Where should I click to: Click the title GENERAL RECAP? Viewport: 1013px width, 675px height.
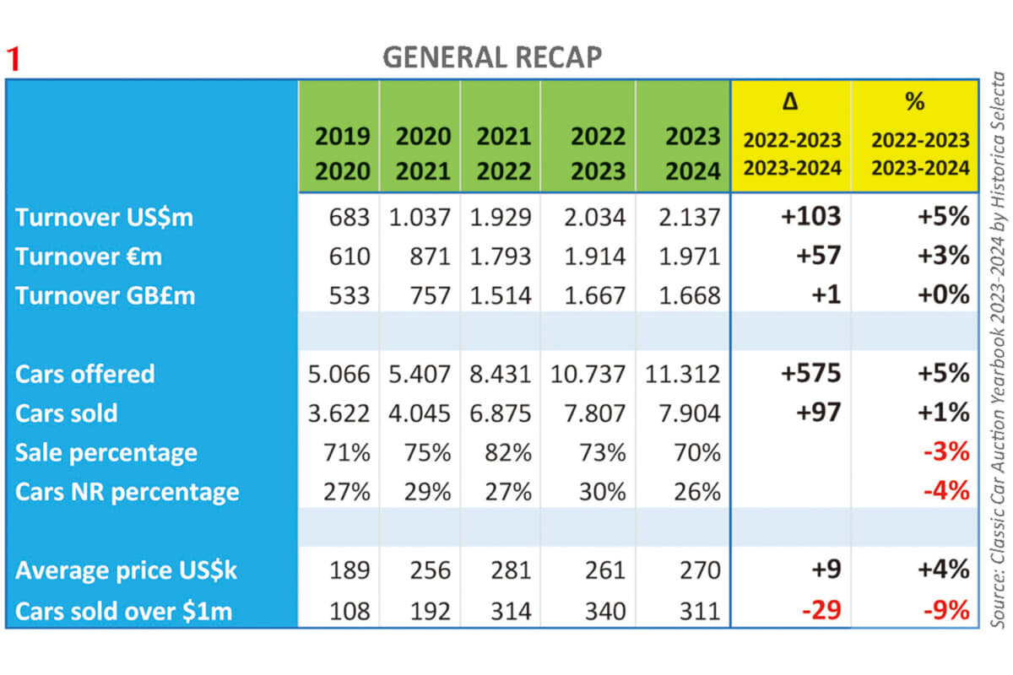coord(492,57)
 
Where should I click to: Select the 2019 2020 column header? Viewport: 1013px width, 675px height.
coord(338,153)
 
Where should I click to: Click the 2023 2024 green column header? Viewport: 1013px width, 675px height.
coord(681,153)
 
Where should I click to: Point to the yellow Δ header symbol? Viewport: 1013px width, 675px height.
coord(791,103)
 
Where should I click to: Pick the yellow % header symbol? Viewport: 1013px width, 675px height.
coord(914,102)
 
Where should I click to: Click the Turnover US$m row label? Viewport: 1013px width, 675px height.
coord(104,217)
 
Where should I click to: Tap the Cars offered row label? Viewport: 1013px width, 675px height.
coord(84,373)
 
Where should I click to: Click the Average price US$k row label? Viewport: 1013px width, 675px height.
coord(126,570)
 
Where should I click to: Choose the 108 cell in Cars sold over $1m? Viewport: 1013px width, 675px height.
coord(347,609)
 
